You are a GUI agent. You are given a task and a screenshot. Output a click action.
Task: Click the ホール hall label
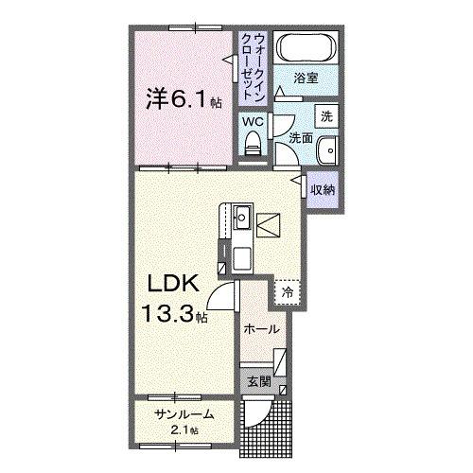coord(261,329)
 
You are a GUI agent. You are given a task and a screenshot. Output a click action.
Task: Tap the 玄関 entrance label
coord(259,383)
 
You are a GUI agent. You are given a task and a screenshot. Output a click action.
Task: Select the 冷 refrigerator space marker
coord(287,293)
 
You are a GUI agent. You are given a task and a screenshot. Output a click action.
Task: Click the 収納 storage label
coord(323,189)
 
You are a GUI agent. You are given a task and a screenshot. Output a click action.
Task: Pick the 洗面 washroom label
coord(301,137)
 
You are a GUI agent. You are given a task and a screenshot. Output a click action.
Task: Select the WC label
coord(253,121)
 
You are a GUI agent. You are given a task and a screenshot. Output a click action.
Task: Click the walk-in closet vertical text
coord(255,66)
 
